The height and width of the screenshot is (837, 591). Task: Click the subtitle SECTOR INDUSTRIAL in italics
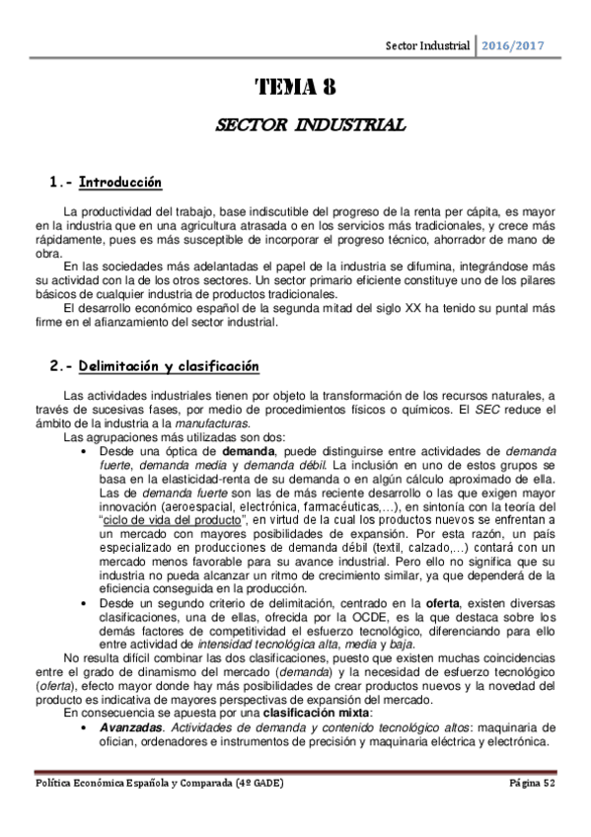point(295,126)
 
